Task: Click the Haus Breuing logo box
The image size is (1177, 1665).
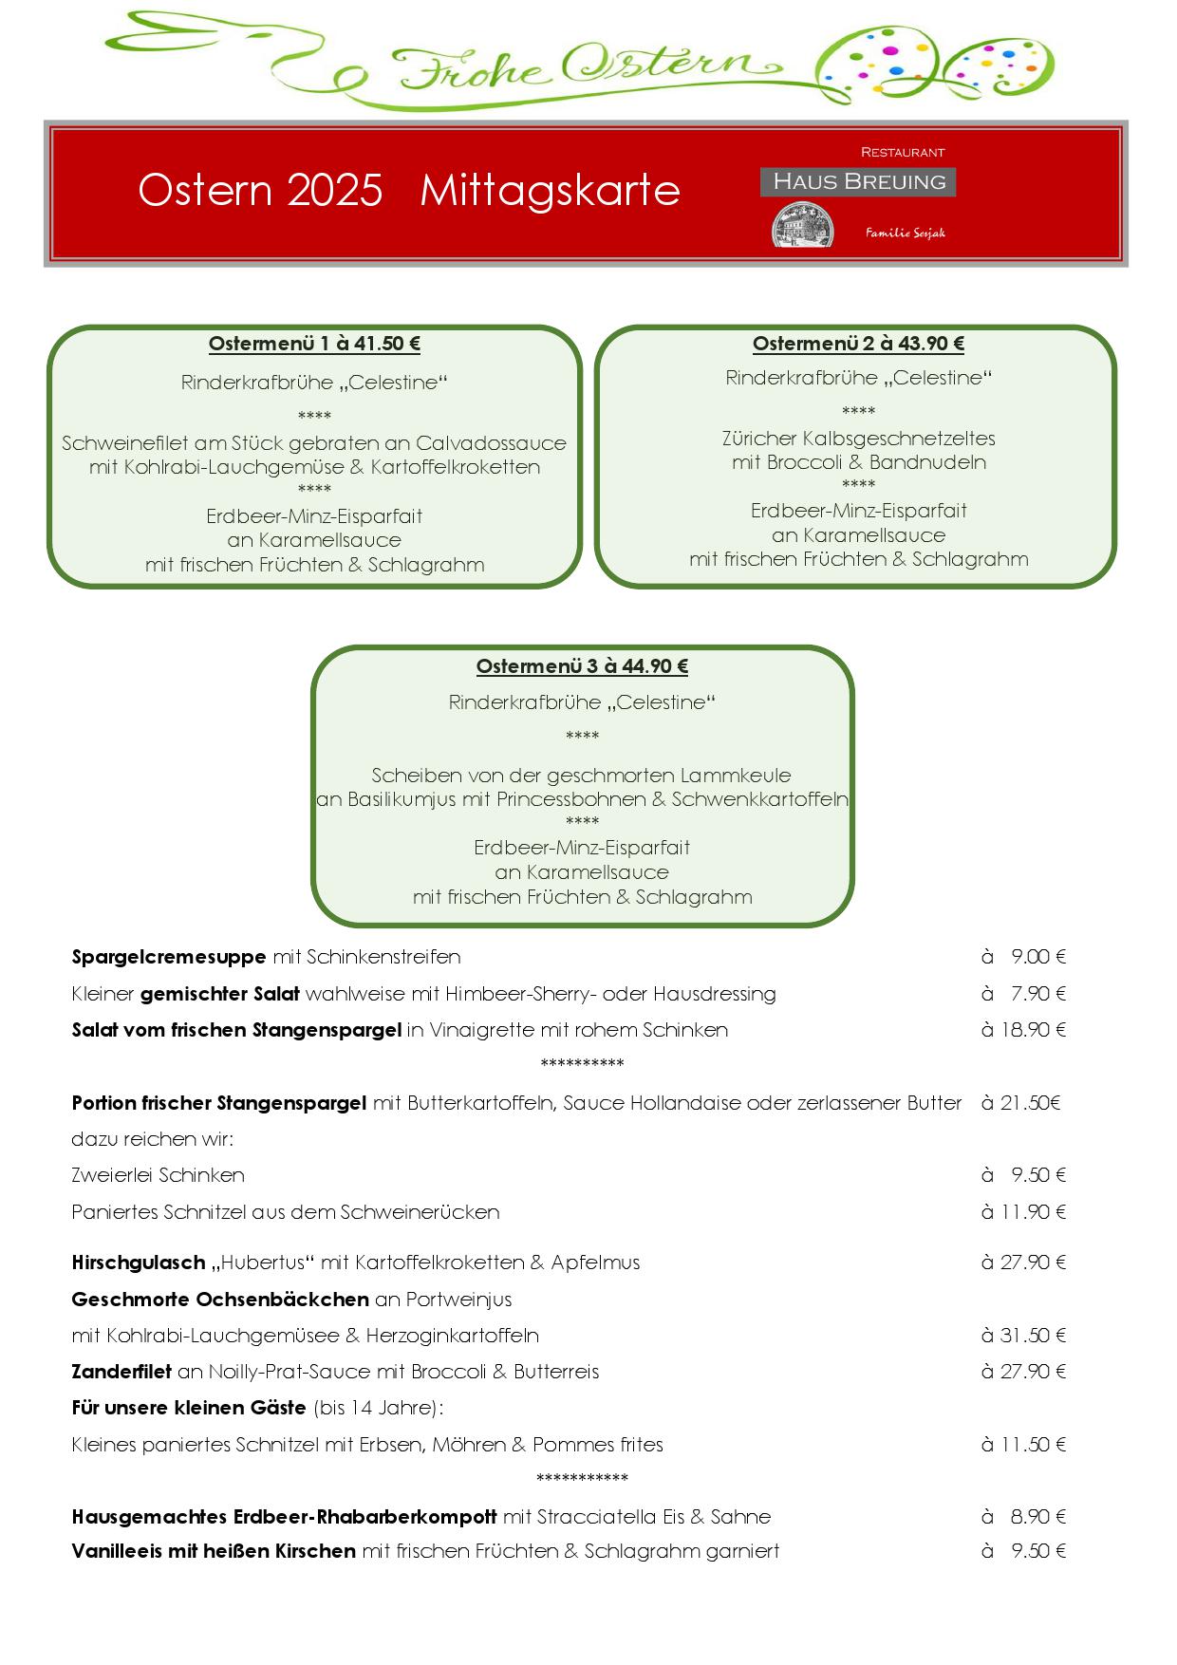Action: (x=857, y=181)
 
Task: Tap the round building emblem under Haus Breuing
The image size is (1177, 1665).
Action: (x=803, y=226)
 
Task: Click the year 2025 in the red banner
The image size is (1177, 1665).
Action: (x=333, y=190)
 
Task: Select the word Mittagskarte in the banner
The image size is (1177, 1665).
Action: (x=550, y=190)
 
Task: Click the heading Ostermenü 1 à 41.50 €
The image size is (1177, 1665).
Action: (x=314, y=344)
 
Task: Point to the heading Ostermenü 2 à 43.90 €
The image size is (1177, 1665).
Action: (x=858, y=344)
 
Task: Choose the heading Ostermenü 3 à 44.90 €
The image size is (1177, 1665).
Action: (x=582, y=666)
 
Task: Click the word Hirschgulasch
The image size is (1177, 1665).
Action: (x=139, y=1263)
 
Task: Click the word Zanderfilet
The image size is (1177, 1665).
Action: (x=121, y=1372)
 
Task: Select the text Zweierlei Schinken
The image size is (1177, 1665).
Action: (x=159, y=1175)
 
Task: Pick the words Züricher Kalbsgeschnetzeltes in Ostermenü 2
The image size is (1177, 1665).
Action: (x=858, y=439)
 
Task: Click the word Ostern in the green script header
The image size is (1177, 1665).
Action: (x=664, y=65)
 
